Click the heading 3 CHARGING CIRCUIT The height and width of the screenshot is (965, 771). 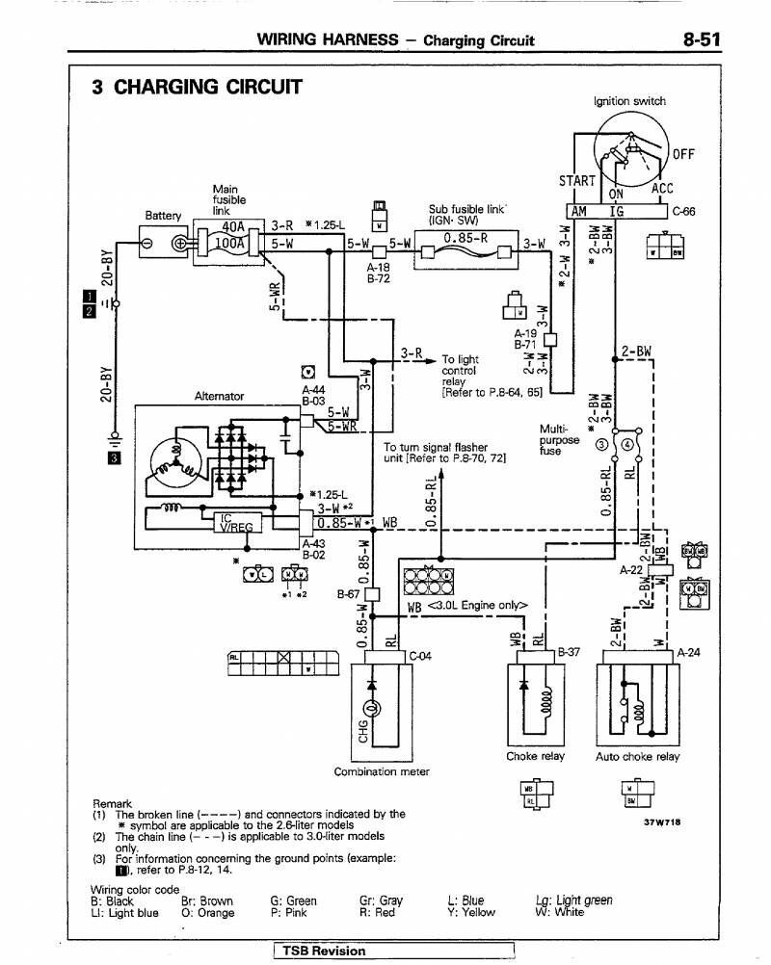click(196, 88)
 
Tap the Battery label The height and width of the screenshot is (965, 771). click(163, 214)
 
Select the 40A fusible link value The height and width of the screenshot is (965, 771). click(232, 227)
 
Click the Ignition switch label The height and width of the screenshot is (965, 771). click(628, 101)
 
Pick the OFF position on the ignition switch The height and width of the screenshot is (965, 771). click(683, 154)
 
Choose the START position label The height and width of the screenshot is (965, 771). click(577, 180)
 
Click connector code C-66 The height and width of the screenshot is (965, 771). click(684, 212)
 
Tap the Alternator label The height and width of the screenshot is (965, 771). click(220, 396)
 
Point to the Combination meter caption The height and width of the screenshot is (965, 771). click(382, 771)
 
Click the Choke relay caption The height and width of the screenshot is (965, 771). click(535, 756)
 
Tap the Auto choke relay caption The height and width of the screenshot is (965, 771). click(637, 756)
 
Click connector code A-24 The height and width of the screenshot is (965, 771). click(688, 652)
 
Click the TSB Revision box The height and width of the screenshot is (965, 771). click(324, 951)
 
